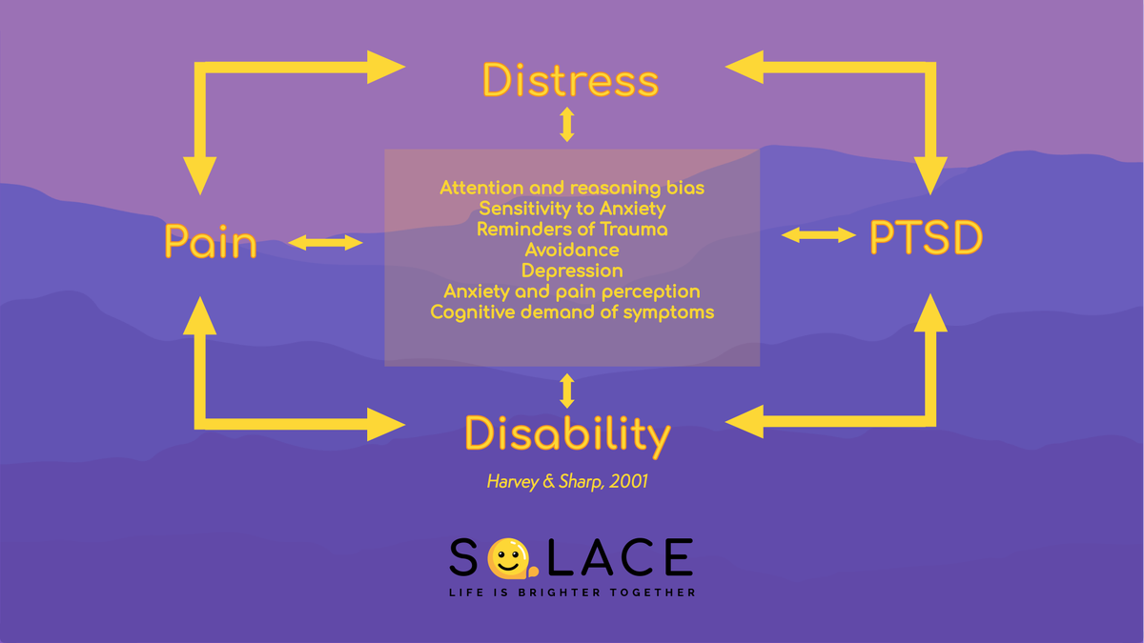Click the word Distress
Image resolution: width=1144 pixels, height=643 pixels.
click(570, 80)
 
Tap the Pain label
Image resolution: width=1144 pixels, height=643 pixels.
click(211, 242)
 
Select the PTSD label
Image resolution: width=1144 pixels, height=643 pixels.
click(925, 238)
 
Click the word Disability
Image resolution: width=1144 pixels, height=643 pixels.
click(567, 434)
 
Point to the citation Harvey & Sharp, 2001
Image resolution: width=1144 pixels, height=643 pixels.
click(567, 481)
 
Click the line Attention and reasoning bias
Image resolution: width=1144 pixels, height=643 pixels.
click(572, 188)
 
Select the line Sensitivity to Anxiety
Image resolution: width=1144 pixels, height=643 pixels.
click(572, 208)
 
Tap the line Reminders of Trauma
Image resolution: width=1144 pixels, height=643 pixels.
click(572, 229)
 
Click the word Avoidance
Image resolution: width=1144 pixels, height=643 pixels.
click(572, 250)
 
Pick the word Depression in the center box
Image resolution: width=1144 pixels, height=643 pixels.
click(572, 271)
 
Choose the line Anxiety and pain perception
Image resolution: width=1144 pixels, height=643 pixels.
click(572, 291)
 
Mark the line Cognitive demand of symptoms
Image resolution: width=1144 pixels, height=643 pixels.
click(572, 311)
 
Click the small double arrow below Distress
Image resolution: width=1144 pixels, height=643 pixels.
click(567, 125)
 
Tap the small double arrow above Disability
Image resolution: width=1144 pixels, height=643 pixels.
click(567, 391)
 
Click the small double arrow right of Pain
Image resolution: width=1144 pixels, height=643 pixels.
click(325, 243)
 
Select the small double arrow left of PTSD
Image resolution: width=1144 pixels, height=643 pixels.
click(819, 234)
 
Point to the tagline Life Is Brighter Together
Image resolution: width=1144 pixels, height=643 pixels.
click(572, 593)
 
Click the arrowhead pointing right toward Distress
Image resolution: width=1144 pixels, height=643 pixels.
click(385, 67)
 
